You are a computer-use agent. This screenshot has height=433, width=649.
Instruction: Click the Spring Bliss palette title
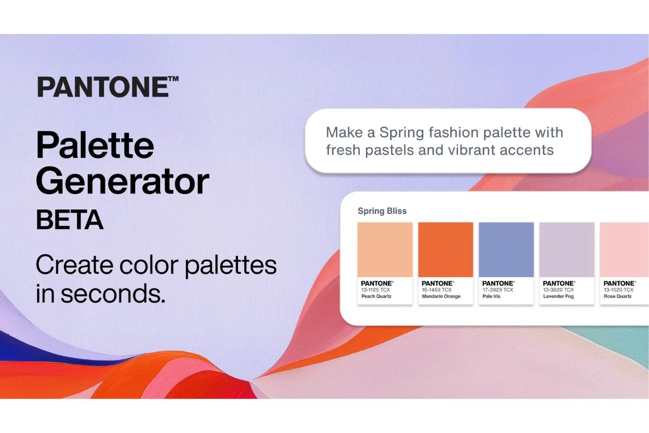click(x=382, y=211)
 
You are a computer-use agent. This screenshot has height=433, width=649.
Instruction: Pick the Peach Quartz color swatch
click(x=385, y=250)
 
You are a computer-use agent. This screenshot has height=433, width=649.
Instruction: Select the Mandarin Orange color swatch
click(x=446, y=250)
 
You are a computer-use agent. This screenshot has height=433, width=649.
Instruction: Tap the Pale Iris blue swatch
click(x=506, y=250)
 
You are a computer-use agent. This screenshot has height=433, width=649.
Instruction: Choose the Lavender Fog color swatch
click(x=567, y=250)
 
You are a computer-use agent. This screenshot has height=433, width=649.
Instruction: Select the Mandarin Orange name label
click(x=441, y=297)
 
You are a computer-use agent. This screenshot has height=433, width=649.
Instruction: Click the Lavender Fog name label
click(x=558, y=297)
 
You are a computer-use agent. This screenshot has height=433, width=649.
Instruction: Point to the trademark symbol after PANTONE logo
click(x=173, y=80)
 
